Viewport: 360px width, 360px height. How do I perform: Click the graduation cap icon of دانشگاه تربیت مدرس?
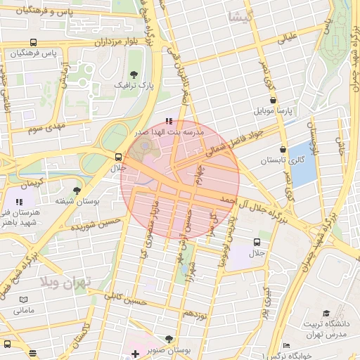coord(326,313)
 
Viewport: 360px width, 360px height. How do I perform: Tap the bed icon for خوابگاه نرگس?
coord(285,346)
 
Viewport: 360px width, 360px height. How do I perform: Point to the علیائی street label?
coord(291,39)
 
